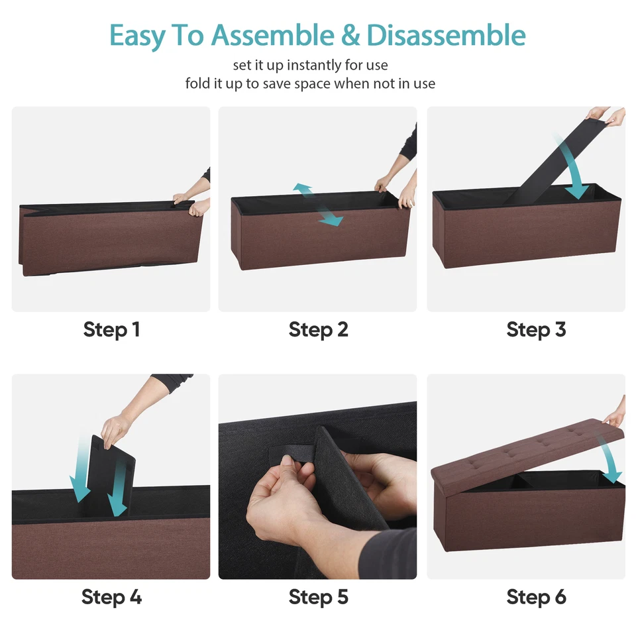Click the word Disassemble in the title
click(x=446, y=35)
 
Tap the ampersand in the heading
click(x=350, y=36)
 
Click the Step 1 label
click(x=111, y=329)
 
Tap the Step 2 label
click(x=318, y=329)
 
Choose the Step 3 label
click(x=536, y=329)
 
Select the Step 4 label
click(x=111, y=597)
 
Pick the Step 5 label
click(x=318, y=597)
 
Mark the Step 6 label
click(x=536, y=597)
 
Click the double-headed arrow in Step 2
click(x=318, y=205)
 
